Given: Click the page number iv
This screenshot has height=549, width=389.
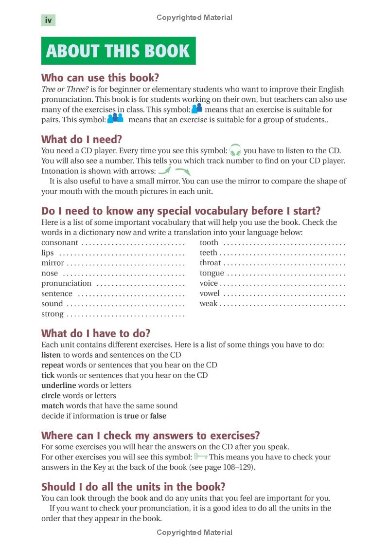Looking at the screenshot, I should [48, 20].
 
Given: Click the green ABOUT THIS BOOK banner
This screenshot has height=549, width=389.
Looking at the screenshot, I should [118, 51].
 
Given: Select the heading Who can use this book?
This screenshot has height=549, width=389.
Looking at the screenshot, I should [100, 78].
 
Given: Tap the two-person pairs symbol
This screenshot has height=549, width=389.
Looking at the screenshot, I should [197, 109].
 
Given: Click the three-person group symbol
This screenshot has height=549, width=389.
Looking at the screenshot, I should [116, 119].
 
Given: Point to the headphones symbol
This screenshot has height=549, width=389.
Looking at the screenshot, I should [235, 150].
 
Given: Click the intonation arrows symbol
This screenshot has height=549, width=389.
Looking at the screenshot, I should [174, 170].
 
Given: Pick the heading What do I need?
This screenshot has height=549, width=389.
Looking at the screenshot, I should [81, 139].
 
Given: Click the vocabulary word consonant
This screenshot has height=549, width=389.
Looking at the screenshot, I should [59, 242].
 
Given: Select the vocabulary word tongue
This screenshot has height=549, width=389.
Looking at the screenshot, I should [212, 273].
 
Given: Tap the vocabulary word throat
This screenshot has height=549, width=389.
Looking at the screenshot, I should [210, 263].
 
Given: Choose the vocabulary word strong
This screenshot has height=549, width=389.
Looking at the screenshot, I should [52, 314].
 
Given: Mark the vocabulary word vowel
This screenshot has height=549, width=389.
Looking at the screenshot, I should [209, 293].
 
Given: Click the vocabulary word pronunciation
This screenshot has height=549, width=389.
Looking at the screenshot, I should [66, 283].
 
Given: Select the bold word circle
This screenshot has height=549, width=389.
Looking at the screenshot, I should [51, 396].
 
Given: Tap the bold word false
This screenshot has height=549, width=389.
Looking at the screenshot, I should [158, 416].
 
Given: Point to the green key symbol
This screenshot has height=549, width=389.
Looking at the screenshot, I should [200, 457].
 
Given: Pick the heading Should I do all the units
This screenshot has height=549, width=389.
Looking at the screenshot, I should [133, 487].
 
